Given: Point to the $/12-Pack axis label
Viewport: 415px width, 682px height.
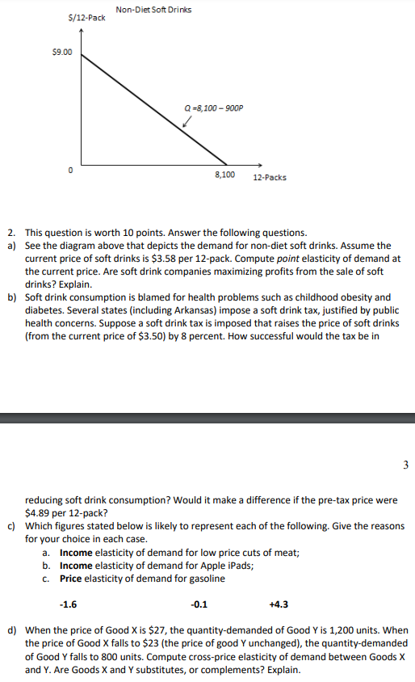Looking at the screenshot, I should click(x=86, y=17).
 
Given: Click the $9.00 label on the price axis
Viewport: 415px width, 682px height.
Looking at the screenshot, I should click(x=61, y=53).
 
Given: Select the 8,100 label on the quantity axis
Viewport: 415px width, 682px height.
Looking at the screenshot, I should click(x=224, y=175).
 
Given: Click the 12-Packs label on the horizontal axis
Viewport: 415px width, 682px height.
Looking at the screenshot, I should click(x=269, y=178).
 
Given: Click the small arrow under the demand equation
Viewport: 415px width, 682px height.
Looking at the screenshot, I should click(x=187, y=123).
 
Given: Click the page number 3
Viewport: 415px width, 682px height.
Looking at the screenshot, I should click(x=405, y=465).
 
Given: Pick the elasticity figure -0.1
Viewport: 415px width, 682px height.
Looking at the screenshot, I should click(x=198, y=603).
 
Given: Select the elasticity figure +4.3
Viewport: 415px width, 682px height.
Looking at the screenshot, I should click(x=278, y=603).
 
